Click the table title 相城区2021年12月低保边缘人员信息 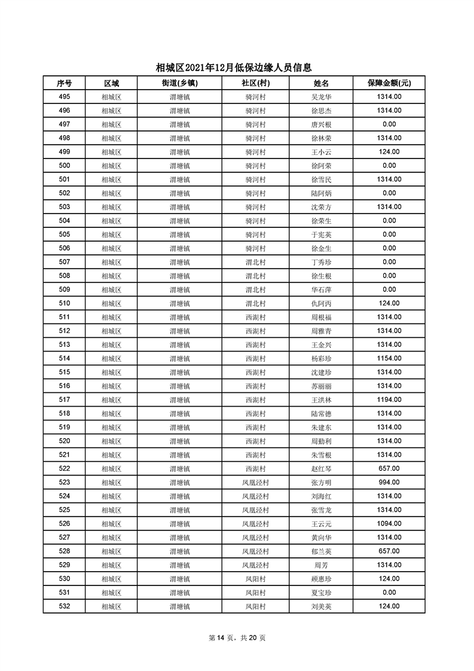click(x=237, y=68)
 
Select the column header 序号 click(x=64, y=83)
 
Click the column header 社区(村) click(x=255, y=83)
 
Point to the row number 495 click(x=64, y=97)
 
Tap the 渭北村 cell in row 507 click(x=255, y=262)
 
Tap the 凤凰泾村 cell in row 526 click(x=255, y=524)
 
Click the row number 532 click(x=64, y=606)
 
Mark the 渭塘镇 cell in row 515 click(x=179, y=372)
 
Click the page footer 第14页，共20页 click(x=237, y=638)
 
